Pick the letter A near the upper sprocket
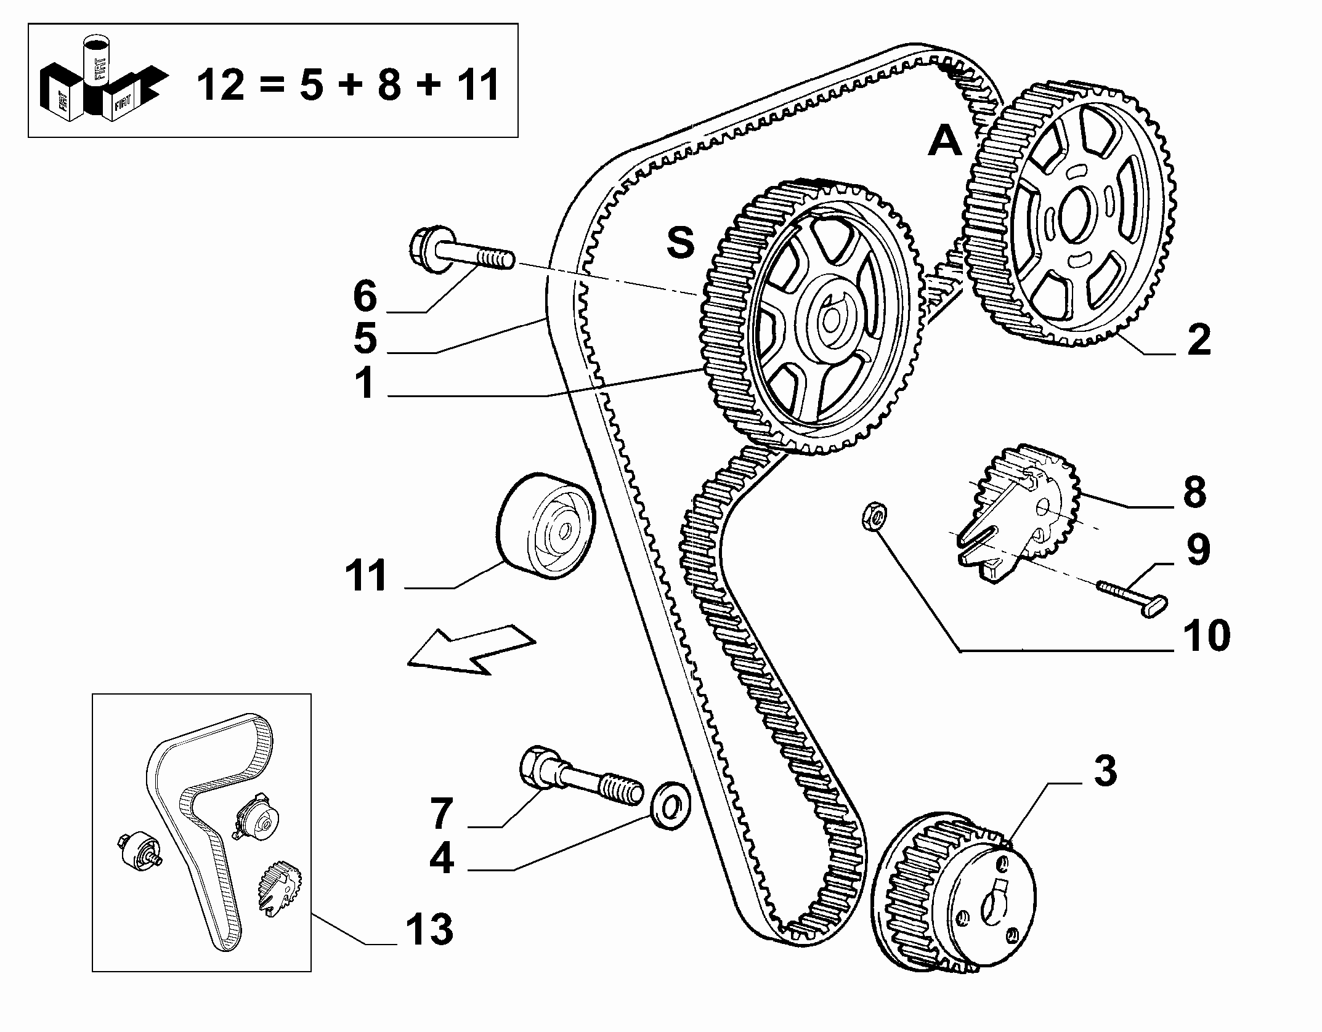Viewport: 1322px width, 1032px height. (x=945, y=141)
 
